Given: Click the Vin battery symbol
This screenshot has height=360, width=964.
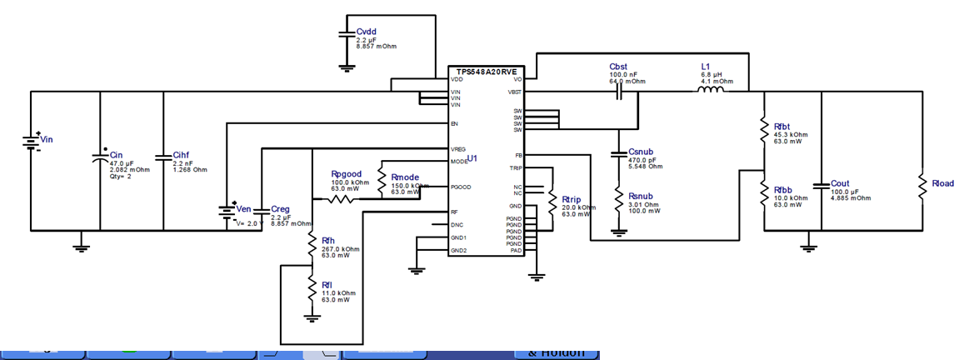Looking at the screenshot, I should click(31, 141).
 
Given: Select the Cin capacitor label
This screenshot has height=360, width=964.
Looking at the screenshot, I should click(116, 155).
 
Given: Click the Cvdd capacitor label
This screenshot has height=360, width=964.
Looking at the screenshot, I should click(367, 32).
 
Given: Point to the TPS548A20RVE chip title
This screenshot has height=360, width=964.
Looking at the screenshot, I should click(486, 72).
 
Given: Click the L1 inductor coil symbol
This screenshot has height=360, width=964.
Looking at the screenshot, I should click(710, 92).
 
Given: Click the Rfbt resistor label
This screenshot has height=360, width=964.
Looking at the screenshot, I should click(782, 127).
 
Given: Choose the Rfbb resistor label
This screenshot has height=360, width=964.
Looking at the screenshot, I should click(782, 190).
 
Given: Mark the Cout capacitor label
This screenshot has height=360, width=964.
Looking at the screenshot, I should click(840, 183).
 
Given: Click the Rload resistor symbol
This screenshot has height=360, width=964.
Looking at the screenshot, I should click(922, 186).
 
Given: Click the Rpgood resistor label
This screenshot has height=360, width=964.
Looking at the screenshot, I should click(346, 175).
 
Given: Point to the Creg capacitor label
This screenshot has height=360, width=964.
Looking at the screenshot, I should click(281, 209).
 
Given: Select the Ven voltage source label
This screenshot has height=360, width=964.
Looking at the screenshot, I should click(243, 208).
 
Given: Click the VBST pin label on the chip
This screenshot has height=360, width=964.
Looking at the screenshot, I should click(514, 92).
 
